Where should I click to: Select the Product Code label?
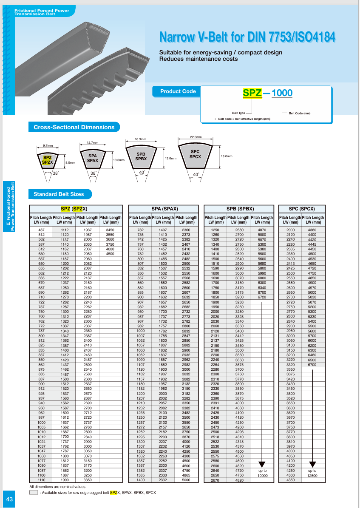click(x=178, y=91)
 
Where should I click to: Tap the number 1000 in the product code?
click(x=282, y=93)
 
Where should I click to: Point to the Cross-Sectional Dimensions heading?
click(x=74, y=127)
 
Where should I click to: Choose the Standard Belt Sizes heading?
click(x=59, y=194)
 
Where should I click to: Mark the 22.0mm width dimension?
click(x=196, y=137)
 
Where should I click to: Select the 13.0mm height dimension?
click(x=170, y=158)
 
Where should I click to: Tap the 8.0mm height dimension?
click(x=70, y=162)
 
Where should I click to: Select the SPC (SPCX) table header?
click(x=302, y=209)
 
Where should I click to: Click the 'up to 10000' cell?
click(x=262, y=473)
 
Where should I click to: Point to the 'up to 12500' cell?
click(x=312, y=473)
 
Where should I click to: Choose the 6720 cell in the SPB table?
click(x=262, y=298)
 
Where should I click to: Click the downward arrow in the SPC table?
click(x=312, y=463)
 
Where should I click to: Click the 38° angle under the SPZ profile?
click(x=55, y=173)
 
